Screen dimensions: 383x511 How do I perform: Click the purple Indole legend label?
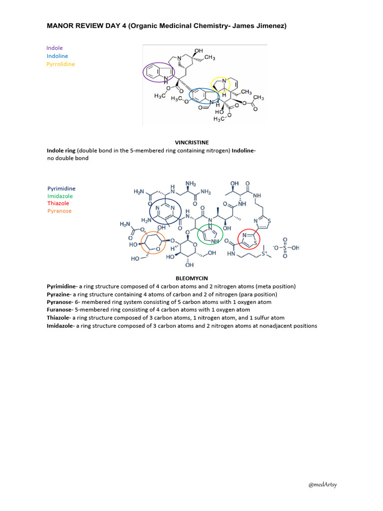coord(54,48)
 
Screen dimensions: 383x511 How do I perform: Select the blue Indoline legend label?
coord(57,56)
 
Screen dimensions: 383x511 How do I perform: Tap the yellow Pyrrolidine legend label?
coord(60,64)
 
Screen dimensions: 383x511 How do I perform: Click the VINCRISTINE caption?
coord(191,142)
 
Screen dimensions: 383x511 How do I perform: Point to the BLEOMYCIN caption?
coord(191,278)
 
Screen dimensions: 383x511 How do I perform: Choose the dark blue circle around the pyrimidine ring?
coord(167,214)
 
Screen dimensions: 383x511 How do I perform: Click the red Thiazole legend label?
coord(58,203)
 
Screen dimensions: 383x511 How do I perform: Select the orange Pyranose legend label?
coord(59,211)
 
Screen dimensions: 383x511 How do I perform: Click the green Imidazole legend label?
coord(60,196)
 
